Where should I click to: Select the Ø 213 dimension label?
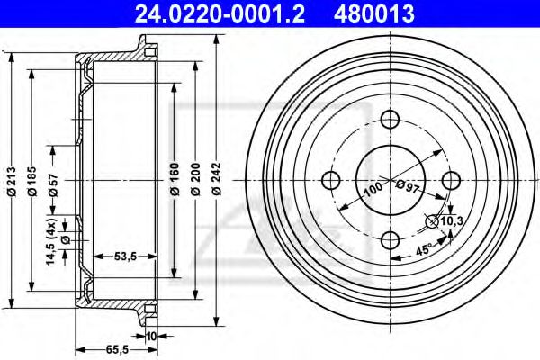11,179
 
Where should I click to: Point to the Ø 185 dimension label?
32,179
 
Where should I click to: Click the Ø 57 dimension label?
54,179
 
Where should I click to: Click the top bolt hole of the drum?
391,119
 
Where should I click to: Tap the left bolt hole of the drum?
331,178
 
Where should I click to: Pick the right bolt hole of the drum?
450,178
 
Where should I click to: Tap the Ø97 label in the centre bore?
407,185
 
